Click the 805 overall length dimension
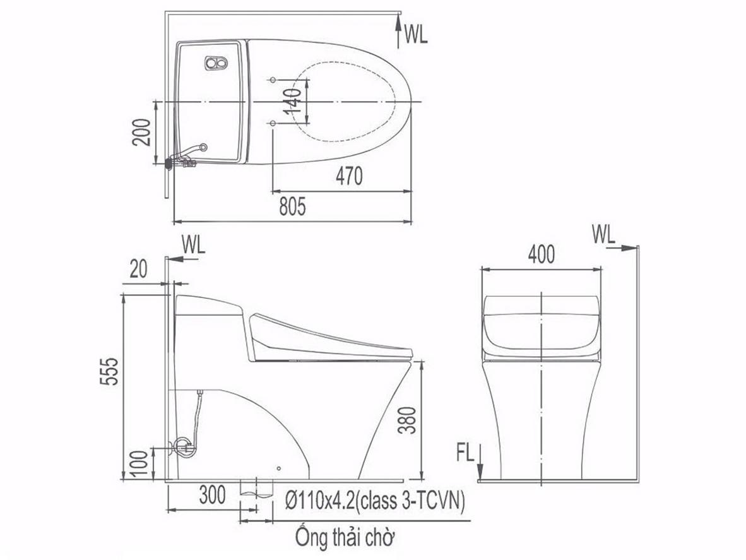point(292,206)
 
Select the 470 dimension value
point(349,176)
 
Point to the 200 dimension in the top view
point(141,132)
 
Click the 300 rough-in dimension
point(212,496)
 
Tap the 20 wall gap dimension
point(138,270)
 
